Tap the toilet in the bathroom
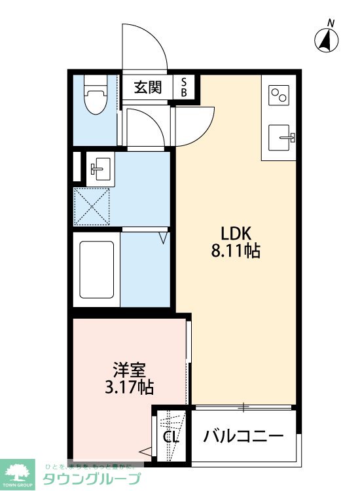(96, 98)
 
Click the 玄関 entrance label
(148, 87)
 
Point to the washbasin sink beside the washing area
(99, 168)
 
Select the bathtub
(97, 271)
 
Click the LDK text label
(236, 233)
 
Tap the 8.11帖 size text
(236, 251)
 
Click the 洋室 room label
(129, 369)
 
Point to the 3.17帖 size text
(129, 387)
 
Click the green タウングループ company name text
(92, 479)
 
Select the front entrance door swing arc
(144, 46)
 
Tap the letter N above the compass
(331, 24)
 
